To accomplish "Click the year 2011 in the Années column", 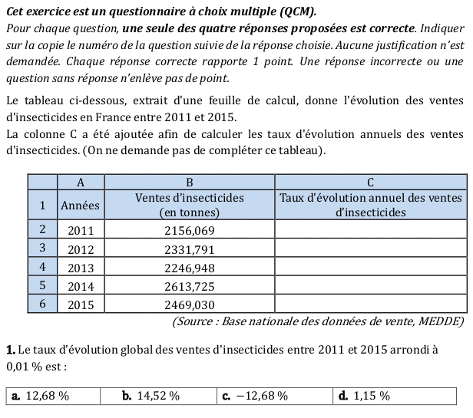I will tap(81, 230).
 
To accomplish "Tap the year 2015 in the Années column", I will tap(81, 304).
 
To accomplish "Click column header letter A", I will tap(81, 183).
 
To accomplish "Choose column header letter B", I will tap(190, 183).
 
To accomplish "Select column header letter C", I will tap(371, 183).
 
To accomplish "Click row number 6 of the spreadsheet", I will tap(43, 304).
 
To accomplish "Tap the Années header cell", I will tap(81, 205).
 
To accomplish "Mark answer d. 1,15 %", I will tap(363, 396).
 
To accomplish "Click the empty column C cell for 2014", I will tap(371, 286).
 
